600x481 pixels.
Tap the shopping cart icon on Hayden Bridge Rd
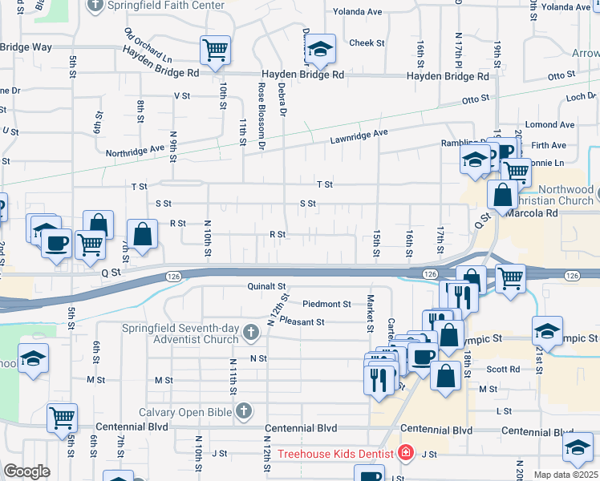coord(215,51)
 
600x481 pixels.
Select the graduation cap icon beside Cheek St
coord(320,51)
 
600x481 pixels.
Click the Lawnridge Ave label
coord(359,137)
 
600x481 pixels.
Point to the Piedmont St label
coord(327,304)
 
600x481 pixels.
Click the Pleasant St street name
coord(302,322)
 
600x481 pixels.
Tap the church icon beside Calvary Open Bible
coord(245,411)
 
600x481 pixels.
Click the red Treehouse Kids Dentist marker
coord(406,454)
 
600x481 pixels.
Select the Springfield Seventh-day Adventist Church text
coord(180,333)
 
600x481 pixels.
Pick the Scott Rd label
coord(503,370)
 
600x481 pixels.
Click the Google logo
coord(26,471)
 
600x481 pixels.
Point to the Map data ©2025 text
coord(566,475)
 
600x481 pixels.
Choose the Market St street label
coord(371,312)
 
